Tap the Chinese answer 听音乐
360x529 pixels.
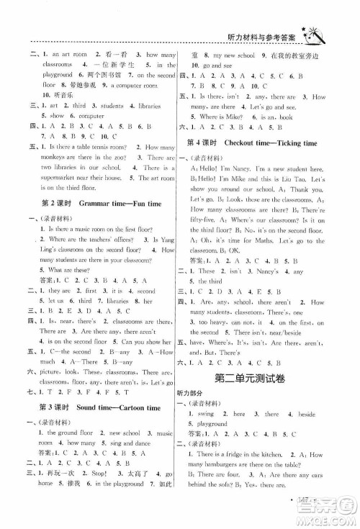tap(53, 94)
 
